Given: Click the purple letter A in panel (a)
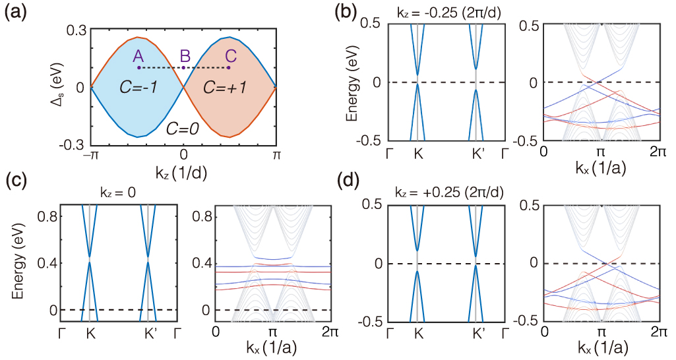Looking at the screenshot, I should tap(138, 55).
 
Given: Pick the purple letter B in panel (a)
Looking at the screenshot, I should tap(185, 55).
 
